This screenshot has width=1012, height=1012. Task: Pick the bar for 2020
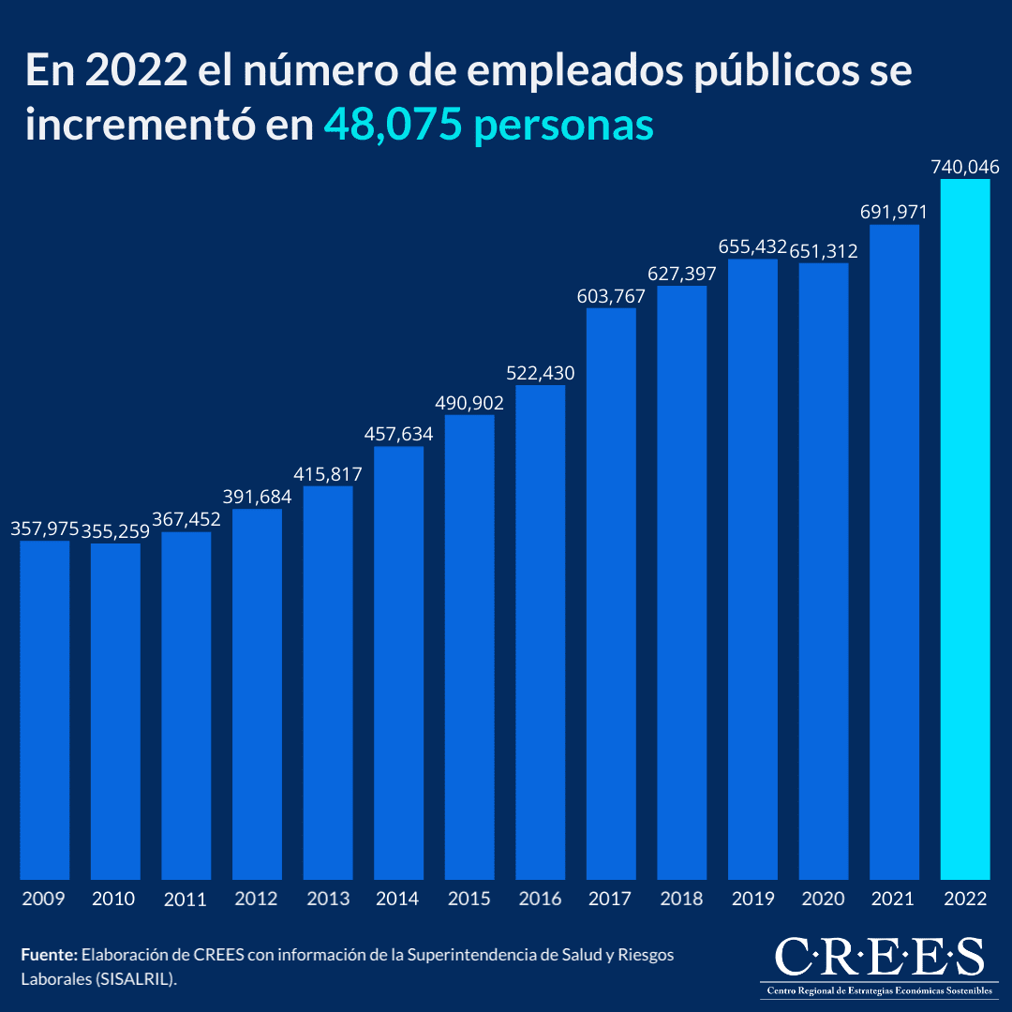coord(824,571)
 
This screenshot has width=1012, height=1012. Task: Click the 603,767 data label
coord(611,296)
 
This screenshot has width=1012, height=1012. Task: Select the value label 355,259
coord(115,531)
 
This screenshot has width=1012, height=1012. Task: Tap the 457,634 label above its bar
coord(398,435)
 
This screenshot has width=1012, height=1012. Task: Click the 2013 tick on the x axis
coord(327,899)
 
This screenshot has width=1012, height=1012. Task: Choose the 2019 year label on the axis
coord(752,899)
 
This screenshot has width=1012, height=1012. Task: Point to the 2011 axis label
coord(185,900)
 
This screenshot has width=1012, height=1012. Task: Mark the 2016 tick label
coord(540,899)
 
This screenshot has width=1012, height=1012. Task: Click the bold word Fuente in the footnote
coord(49,955)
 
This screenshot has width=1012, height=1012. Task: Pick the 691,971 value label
coord(894,213)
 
